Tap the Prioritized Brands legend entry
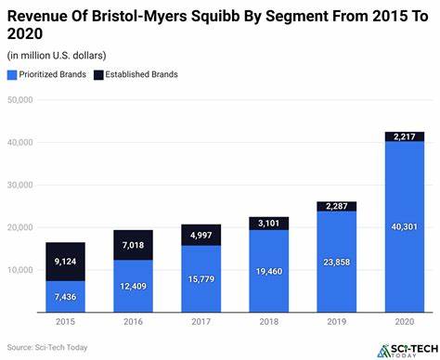point(58,74)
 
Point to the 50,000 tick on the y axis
point(19,100)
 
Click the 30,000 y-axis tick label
point(19,185)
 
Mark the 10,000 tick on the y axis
point(19,270)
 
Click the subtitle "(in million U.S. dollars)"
point(56,55)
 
